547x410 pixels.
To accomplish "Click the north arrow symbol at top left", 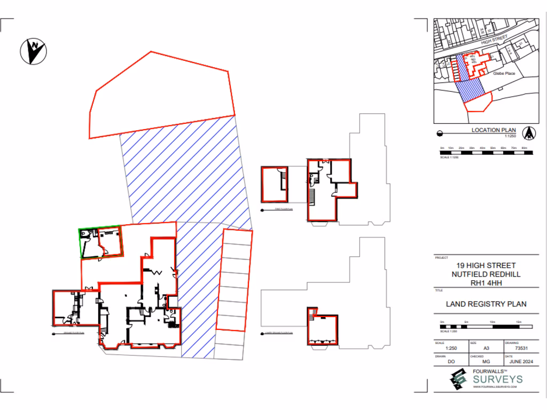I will (x=33, y=51).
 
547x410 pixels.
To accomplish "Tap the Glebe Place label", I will (x=504, y=73).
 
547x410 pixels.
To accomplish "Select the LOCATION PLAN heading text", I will (x=493, y=130).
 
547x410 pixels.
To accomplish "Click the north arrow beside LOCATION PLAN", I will (x=528, y=131).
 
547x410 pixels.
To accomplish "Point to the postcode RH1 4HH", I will (x=486, y=283).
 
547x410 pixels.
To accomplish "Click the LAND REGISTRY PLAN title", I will (x=486, y=304).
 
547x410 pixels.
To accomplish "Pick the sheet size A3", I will (x=486, y=348).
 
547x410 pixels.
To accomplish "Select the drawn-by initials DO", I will (x=451, y=361).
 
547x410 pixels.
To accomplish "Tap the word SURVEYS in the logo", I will (x=497, y=380).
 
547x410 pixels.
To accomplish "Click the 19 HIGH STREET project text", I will (x=486, y=266).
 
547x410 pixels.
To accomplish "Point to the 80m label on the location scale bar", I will (x=524, y=148).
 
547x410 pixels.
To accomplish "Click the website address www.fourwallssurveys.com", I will (x=495, y=387).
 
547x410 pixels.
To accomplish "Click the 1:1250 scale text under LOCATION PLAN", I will (x=512, y=136).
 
